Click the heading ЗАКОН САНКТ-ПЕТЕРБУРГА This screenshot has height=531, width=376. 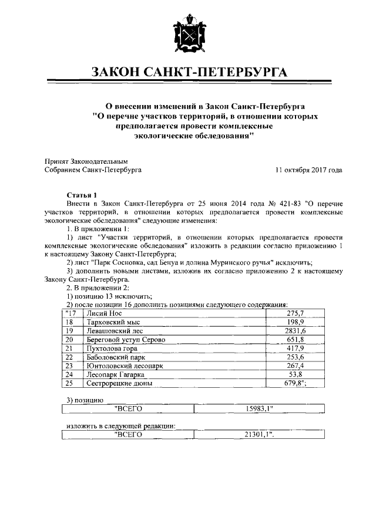pyautogui.click(x=188, y=72)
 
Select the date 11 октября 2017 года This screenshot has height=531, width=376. pyautogui.click(x=308, y=170)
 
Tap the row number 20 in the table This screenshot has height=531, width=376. pyautogui.click(x=69, y=340)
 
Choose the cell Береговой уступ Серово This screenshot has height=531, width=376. pyautogui.click(x=125, y=340)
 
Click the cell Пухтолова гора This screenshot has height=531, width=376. pyautogui.click(x=112, y=349)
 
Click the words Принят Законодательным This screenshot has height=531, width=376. pyautogui.click(x=86, y=161)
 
